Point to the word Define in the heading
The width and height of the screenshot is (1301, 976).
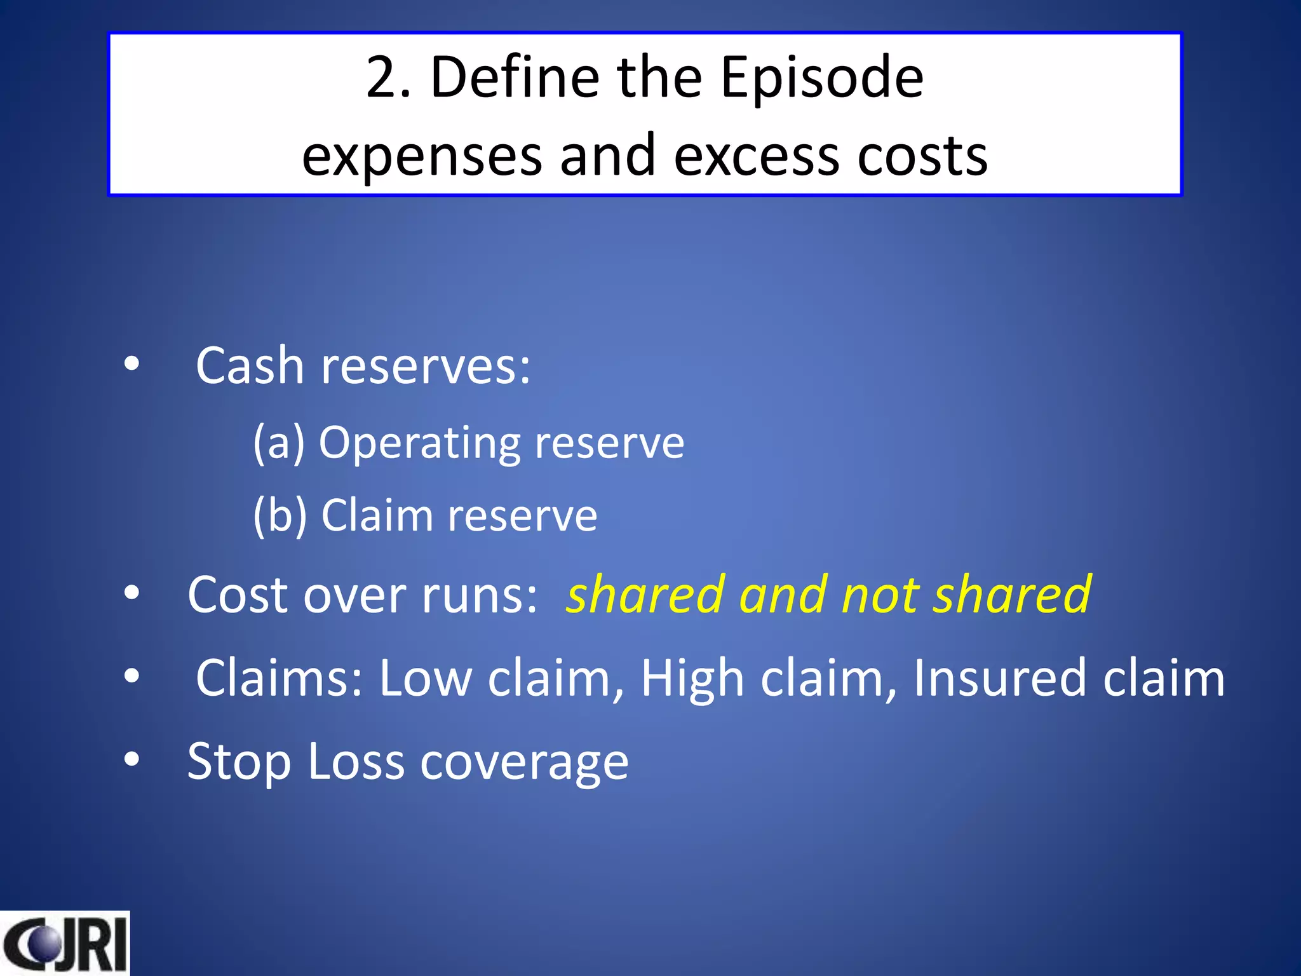pyautogui.click(x=515, y=78)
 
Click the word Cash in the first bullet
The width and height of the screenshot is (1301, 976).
pyautogui.click(x=250, y=367)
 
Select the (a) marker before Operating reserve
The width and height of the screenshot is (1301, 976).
pyautogui.click(x=278, y=443)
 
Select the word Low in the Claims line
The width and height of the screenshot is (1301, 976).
pyautogui.click(x=426, y=679)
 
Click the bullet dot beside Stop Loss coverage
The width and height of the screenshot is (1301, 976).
pyautogui.click(x=131, y=759)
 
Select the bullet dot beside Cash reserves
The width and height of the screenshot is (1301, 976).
pyautogui.click(x=131, y=364)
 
